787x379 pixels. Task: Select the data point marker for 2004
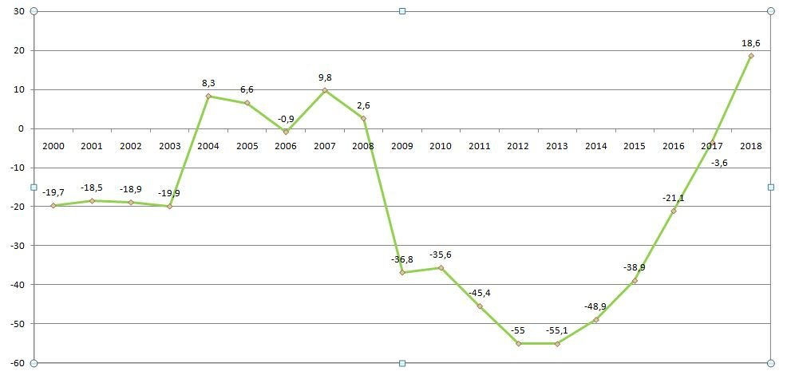pos(208,97)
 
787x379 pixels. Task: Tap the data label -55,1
pos(557,330)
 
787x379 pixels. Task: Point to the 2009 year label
pos(402,146)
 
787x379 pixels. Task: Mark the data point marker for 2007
pos(325,90)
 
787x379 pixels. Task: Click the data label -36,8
pos(402,259)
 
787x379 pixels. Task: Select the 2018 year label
pos(751,146)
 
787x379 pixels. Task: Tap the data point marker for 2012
pos(518,343)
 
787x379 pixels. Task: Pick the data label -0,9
pos(286,119)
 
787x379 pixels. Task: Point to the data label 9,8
pos(325,77)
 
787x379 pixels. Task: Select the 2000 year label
pos(53,146)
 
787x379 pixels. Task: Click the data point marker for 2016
pos(674,211)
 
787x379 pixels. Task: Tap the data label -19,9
pos(169,192)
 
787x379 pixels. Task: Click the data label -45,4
pos(480,293)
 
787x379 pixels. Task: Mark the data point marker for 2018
pos(751,56)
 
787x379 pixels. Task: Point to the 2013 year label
pos(557,146)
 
